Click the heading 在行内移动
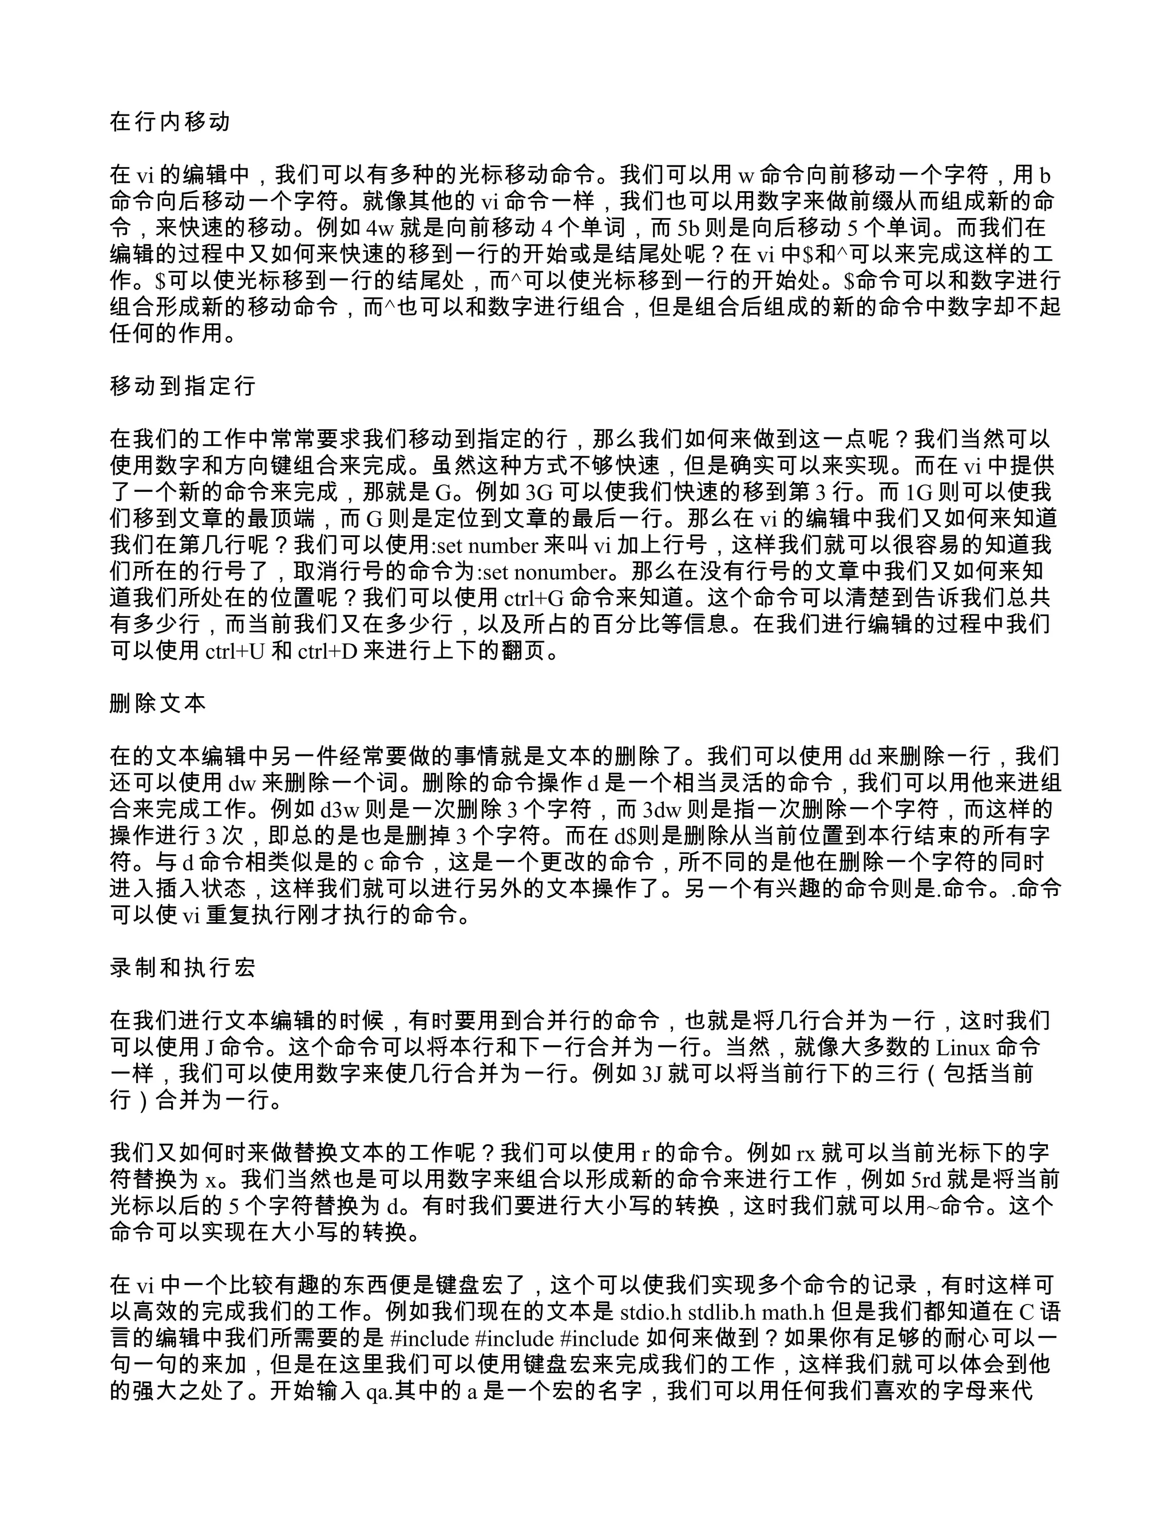169,123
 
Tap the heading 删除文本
157,704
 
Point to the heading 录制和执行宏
183,967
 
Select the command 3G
540,492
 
